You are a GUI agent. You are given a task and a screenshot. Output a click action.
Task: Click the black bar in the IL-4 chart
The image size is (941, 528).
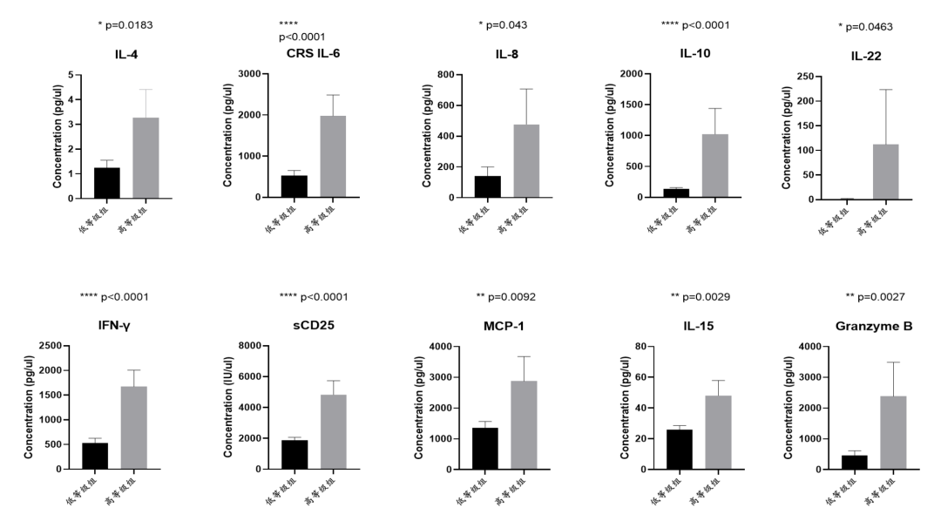click(107, 182)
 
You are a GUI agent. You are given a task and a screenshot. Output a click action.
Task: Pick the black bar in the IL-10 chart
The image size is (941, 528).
click(676, 193)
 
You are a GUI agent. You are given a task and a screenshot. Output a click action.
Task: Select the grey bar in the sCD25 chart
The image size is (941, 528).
click(333, 432)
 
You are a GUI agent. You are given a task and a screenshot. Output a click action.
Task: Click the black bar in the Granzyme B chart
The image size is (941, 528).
click(854, 462)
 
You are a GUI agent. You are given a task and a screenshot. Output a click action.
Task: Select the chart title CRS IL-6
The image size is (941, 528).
click(313, 54)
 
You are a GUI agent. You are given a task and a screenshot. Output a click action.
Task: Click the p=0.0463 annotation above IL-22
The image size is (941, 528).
click(881, 26)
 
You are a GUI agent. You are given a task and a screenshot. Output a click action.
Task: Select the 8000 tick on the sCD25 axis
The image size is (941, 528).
click(254, 347)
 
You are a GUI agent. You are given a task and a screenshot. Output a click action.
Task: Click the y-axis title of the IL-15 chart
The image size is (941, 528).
click(625, 407)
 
